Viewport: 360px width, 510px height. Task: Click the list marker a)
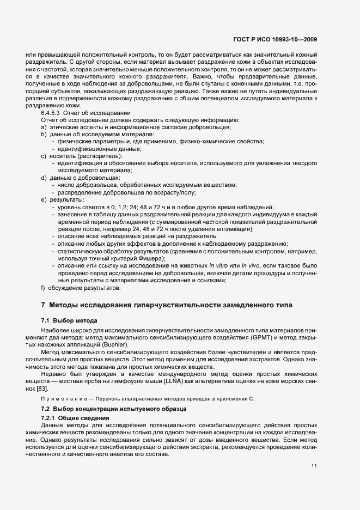tap(43, 127)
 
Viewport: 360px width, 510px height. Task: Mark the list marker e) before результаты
tap(43, 199)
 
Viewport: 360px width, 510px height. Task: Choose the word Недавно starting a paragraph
tap(54, 373)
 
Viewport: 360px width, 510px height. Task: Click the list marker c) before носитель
tap(43, 156)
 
